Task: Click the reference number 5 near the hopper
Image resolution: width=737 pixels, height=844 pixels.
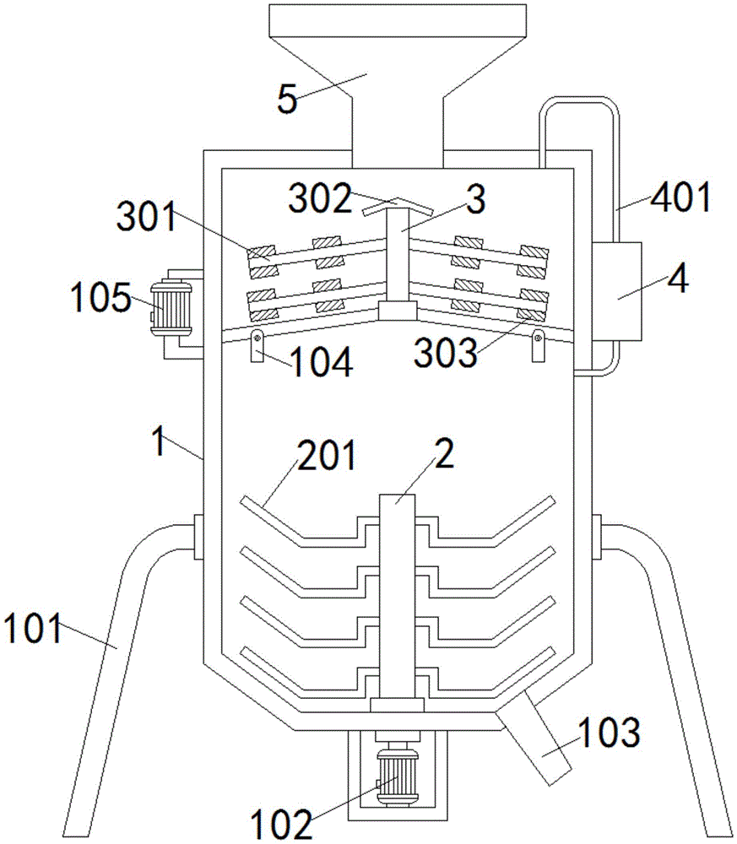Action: point(287,100)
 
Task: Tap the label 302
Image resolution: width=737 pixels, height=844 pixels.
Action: point(319,199)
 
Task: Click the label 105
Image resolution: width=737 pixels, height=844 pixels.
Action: point(100,298)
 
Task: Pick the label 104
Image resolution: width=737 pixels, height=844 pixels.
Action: point(322,362)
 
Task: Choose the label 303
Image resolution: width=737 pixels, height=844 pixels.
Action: point(446,354)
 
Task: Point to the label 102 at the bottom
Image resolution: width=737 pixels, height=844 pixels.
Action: point(282,824)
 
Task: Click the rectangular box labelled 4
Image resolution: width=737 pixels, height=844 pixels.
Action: point(617,291)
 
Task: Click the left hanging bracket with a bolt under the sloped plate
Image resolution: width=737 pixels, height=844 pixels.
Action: point(257,345)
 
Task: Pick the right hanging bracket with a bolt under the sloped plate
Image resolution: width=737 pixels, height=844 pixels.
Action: point(538,345)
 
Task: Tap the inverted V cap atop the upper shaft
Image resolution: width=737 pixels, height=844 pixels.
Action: point(398,205)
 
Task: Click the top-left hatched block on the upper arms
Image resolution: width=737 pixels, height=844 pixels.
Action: point(261,252)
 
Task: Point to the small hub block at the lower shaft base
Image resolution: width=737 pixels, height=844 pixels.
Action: point(398,704)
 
